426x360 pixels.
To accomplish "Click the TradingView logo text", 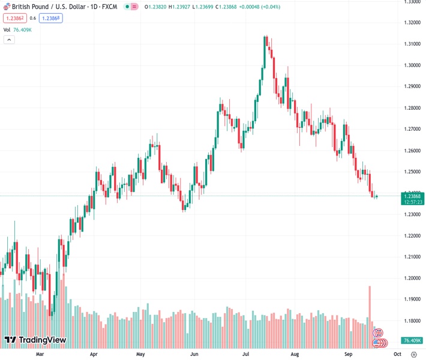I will click(x=42, y=340).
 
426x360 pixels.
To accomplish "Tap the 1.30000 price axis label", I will click(x=412, y=65).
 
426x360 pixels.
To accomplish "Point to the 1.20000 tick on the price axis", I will click(x=412, y=278).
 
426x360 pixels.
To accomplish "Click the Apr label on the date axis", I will click(x=94, y=354).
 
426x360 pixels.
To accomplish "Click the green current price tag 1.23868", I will click(x=414, y=196).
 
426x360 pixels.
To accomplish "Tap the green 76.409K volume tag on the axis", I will click(x=414, y=341).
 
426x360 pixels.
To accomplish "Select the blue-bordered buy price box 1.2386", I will click(x=52, y=18).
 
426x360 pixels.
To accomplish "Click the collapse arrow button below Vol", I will click(x=9, y=40).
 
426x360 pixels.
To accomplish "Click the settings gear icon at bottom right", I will click(x=414, y=354).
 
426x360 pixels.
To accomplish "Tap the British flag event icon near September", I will click(x=379, y=332).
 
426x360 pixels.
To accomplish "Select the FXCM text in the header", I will click(x=109, y=7).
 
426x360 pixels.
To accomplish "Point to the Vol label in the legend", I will click(x=7, y=29).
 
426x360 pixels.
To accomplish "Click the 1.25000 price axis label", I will click(x=412, y=172).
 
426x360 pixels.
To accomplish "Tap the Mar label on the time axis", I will click(x=40, y=354).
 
